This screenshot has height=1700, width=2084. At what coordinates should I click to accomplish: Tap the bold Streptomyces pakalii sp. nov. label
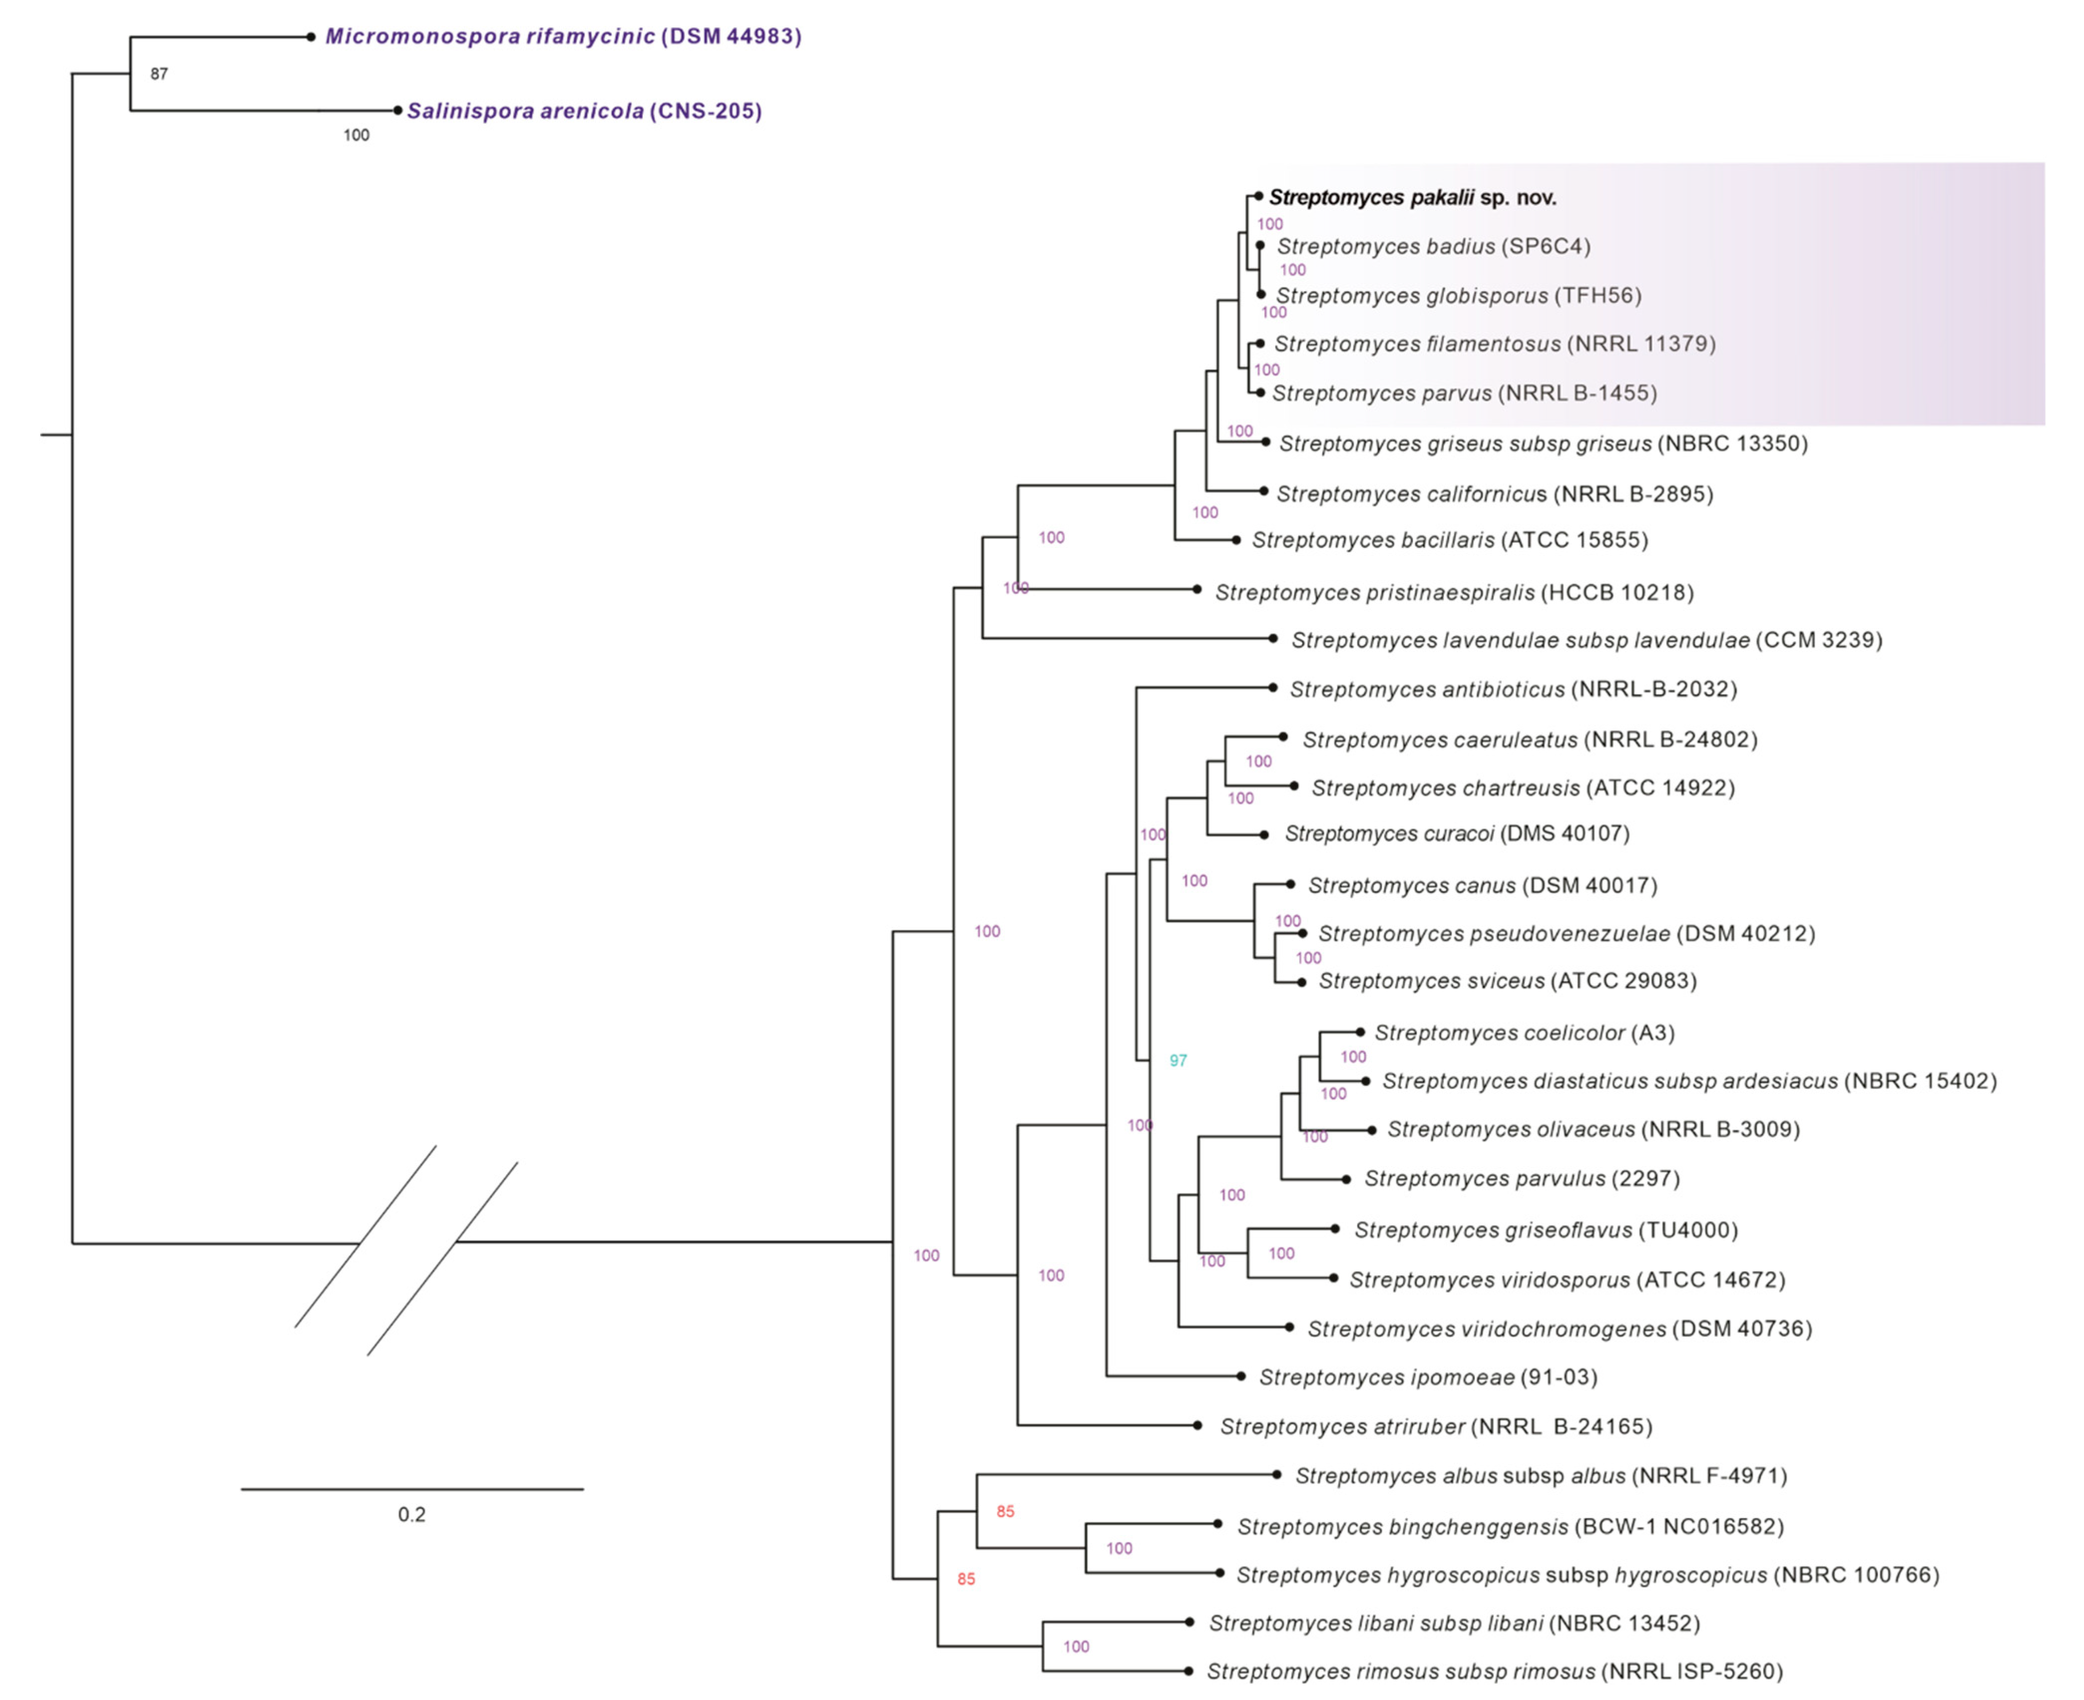[1412, 197]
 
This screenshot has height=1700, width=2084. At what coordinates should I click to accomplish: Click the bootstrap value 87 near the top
[159, 73]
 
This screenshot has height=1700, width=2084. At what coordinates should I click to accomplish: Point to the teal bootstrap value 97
[1178, 1060]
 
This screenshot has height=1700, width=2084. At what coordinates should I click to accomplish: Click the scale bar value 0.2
[411, 1515]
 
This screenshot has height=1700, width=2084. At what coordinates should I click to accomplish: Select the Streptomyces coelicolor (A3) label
[1524, 1032]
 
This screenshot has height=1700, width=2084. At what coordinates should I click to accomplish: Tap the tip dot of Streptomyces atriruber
[1197, 1426]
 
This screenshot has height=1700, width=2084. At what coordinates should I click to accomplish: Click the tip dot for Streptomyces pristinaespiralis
[1197, 589]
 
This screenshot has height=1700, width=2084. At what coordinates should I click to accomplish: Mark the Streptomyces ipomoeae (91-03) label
[1428, 1377]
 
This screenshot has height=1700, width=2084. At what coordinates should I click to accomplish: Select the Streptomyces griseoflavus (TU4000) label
[1545, 1230]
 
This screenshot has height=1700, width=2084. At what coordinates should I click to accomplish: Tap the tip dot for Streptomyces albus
[1276, 1474]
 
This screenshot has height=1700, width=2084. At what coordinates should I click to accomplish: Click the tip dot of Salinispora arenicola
[397, 111]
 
